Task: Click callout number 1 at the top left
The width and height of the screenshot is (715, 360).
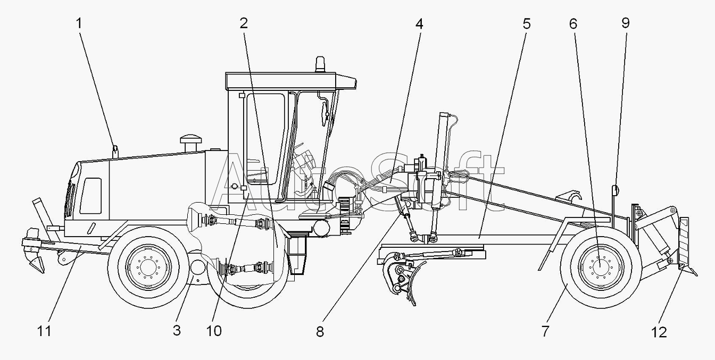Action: (79, 23)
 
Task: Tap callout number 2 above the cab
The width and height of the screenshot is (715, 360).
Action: (244, 23)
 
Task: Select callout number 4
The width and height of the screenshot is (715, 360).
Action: (419, 24)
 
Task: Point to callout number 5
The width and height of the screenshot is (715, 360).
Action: (527, 24)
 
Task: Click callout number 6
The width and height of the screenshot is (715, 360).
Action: (573, 24)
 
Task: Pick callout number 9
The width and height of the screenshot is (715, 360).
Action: (626, 23)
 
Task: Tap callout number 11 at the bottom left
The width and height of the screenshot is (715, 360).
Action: (44, 331)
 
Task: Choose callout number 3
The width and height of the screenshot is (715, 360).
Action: (177, 331)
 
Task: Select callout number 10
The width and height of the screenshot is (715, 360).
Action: (214, 331)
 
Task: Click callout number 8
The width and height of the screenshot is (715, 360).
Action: (320, 332)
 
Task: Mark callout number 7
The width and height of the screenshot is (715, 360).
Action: (545, 331)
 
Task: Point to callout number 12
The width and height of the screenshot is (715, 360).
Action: (659, 332)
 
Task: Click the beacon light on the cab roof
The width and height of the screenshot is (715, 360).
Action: (320, 64)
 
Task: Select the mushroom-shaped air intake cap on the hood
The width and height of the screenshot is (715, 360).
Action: (191, 143)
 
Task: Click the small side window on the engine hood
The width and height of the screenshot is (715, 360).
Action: (90, 196)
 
